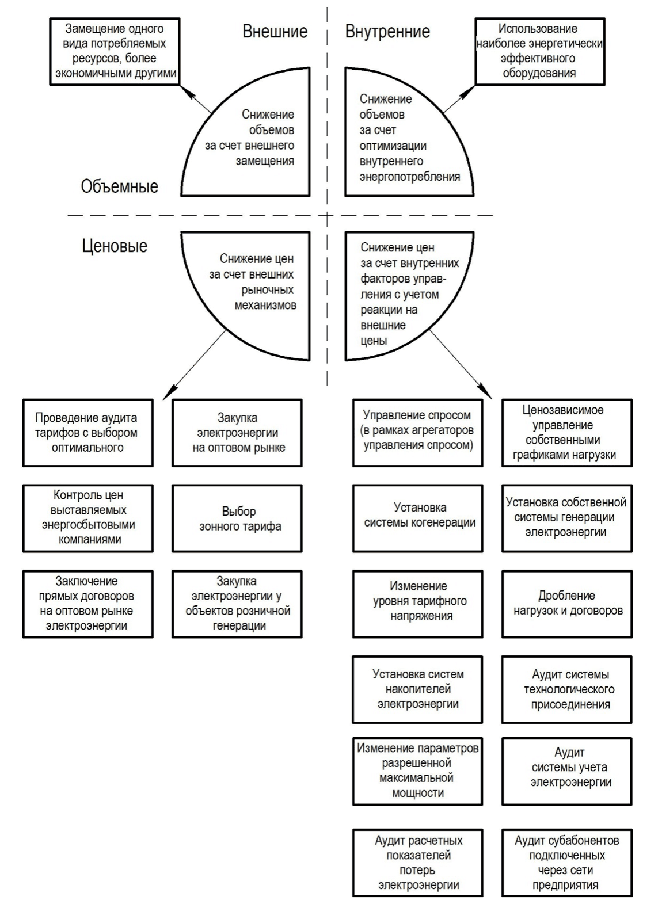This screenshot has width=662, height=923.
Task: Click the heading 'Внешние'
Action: point(275,31)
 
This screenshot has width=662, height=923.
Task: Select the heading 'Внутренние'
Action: point(387,31)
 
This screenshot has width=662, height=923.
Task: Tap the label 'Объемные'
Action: point(120,186)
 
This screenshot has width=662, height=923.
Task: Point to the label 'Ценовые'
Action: point(115,246)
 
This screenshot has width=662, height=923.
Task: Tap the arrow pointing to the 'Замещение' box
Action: point(196,100)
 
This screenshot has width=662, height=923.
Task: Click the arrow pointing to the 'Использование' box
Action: point(459,100)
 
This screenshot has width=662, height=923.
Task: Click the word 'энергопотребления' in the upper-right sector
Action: point(410,177)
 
